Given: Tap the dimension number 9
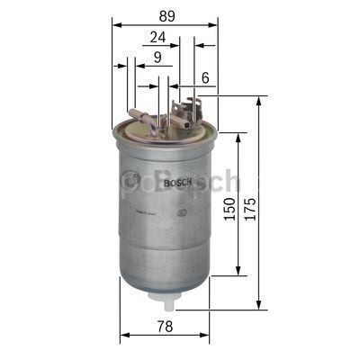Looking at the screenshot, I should click(157, 58).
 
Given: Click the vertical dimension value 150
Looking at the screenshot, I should click(229, 209).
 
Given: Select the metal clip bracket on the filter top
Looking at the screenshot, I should click(185, 112).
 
